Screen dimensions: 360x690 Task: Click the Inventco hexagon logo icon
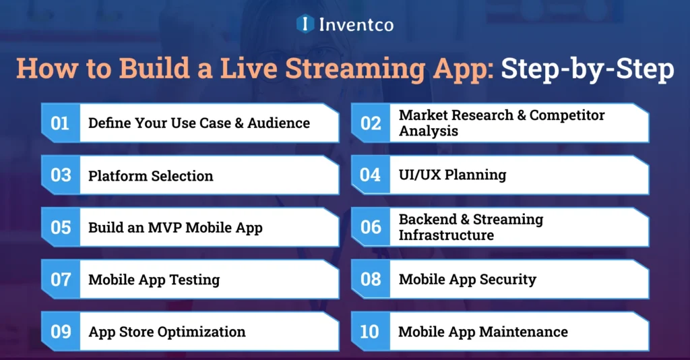305,24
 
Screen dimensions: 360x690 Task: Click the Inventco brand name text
356,25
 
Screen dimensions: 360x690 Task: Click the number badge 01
60,123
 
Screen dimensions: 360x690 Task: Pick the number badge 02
371,123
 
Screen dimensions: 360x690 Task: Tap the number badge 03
60,175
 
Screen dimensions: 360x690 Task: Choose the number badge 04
371,175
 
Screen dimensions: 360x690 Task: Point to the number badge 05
60,227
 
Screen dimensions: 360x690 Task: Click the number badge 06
371,227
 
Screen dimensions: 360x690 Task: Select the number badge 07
60,279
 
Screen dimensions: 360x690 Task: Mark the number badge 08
371,279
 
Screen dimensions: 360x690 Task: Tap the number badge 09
60,332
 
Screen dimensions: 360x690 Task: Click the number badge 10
371,332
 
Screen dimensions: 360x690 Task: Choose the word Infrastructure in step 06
446,235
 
